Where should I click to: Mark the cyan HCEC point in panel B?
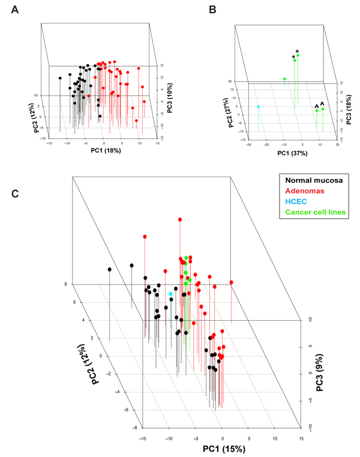click(258, 107)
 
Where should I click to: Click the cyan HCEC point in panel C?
click(171, 294)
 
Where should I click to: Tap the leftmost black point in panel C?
click(110, 270)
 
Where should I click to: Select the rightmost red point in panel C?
click(231, 282)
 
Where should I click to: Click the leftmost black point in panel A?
click(60, 78)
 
